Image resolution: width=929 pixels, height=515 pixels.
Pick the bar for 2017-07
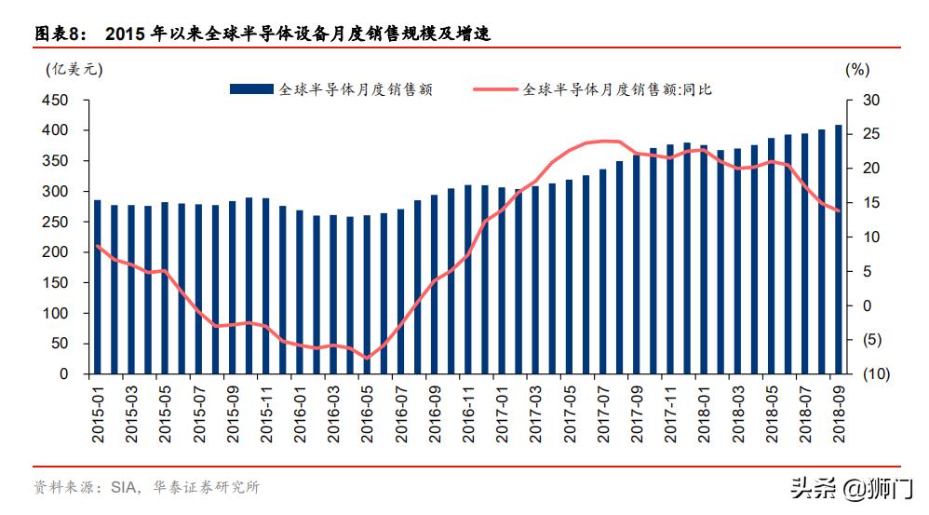click(602, 271)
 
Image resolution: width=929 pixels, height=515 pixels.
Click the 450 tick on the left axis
click(58, 100)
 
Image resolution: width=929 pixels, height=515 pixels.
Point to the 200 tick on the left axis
click(58, 252)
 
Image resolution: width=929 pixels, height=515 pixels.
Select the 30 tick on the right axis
click(870, 100)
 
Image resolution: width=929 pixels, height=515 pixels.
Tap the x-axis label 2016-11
click(467, 411)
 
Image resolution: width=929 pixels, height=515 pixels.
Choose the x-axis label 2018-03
click(736, 411)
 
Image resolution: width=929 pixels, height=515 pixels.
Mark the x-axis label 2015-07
click(197, 411)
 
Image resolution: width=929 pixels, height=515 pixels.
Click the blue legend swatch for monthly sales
click(251, 89)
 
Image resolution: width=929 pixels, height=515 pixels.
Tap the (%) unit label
click(856, 68)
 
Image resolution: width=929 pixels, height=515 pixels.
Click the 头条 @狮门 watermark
click(851, 487)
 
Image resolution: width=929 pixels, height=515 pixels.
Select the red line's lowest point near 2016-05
click(367, 358)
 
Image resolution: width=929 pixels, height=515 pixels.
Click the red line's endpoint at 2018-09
click(838, 210)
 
